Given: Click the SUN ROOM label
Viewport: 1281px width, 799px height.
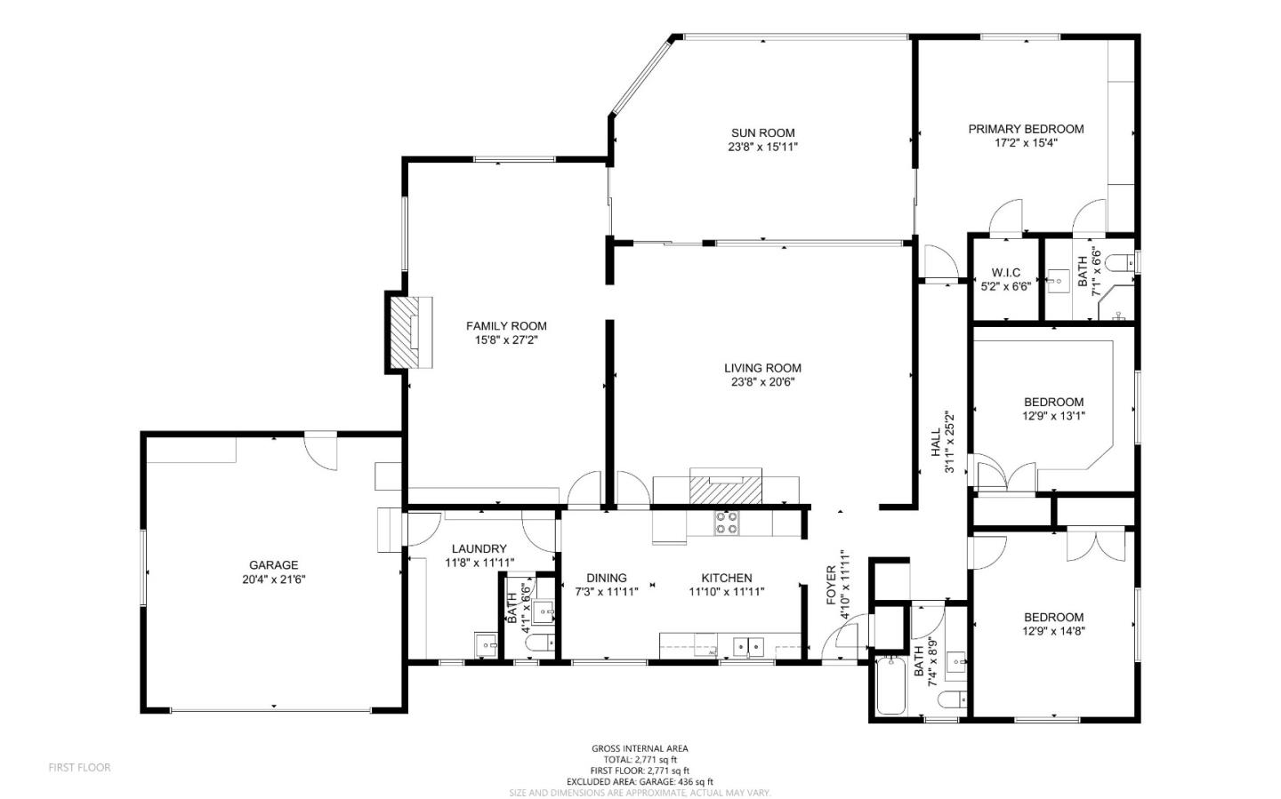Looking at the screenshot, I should coord(762,133).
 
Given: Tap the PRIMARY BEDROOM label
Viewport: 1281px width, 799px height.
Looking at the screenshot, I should coord(1026,129).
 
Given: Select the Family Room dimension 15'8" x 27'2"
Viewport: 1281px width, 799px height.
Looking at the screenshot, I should coord(506,340).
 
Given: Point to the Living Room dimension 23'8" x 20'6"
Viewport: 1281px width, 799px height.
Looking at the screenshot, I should coord(762,382).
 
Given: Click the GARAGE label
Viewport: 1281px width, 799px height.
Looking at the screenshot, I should coord(273,565).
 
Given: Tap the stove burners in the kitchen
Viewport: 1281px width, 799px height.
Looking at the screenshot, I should coord(727,523).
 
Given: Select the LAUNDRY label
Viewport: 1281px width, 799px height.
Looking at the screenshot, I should coord(479,549).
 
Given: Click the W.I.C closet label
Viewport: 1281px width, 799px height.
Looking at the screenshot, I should coord(1005,273).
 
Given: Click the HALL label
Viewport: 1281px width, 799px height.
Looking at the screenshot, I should coord(936,442).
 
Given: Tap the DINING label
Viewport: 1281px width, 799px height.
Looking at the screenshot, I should coord(607,578).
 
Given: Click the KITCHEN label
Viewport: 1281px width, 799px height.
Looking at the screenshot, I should coord(727,578).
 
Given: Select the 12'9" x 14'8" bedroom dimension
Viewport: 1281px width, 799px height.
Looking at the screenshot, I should coord(1053,631).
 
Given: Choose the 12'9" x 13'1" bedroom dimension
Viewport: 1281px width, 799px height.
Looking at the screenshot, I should coord(1053,415).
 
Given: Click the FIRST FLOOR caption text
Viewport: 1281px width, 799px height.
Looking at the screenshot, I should coord(79,767).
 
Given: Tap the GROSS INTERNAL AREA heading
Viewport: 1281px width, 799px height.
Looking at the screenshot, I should coord(640,748).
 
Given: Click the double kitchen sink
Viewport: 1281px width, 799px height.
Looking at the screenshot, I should coord(747,646).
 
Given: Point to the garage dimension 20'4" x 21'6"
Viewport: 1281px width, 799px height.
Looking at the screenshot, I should coord(273,579).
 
